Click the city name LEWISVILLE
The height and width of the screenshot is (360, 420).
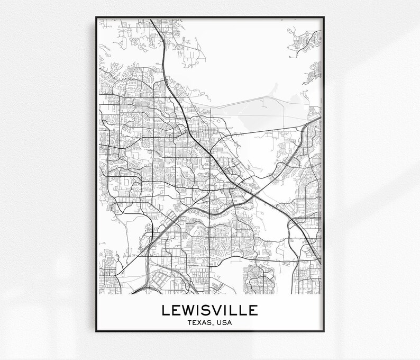(x=210, y=309)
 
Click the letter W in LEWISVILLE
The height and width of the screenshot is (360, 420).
(x=189, y=309)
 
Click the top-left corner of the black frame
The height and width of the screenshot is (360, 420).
(x=96, y=18)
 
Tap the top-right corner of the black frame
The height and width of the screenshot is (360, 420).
(x=324, y=18)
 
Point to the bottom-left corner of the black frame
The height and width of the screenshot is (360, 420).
(x=96, y=331)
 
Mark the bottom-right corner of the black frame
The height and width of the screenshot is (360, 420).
(x=324, y=331)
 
